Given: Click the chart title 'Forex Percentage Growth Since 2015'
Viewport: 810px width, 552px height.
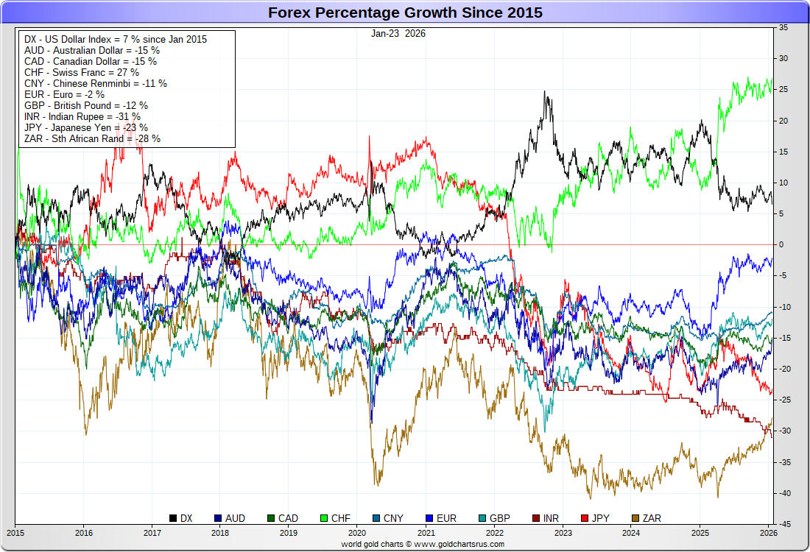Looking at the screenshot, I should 405,13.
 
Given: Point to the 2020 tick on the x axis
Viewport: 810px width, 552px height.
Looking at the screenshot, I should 357,532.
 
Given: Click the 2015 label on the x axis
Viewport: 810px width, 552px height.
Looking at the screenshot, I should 15,532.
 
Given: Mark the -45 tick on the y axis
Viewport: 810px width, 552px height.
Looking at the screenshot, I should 784,524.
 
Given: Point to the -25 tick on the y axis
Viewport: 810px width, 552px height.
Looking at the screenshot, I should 784,400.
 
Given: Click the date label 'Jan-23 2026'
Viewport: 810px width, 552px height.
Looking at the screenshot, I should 398,33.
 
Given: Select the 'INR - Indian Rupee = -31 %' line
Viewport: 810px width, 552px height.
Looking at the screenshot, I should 82,116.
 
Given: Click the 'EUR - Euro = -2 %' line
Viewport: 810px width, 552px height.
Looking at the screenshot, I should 65,94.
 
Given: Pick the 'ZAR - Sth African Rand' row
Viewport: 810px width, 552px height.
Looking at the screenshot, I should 92,138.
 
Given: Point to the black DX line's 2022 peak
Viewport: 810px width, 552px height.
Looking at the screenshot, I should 545,93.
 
